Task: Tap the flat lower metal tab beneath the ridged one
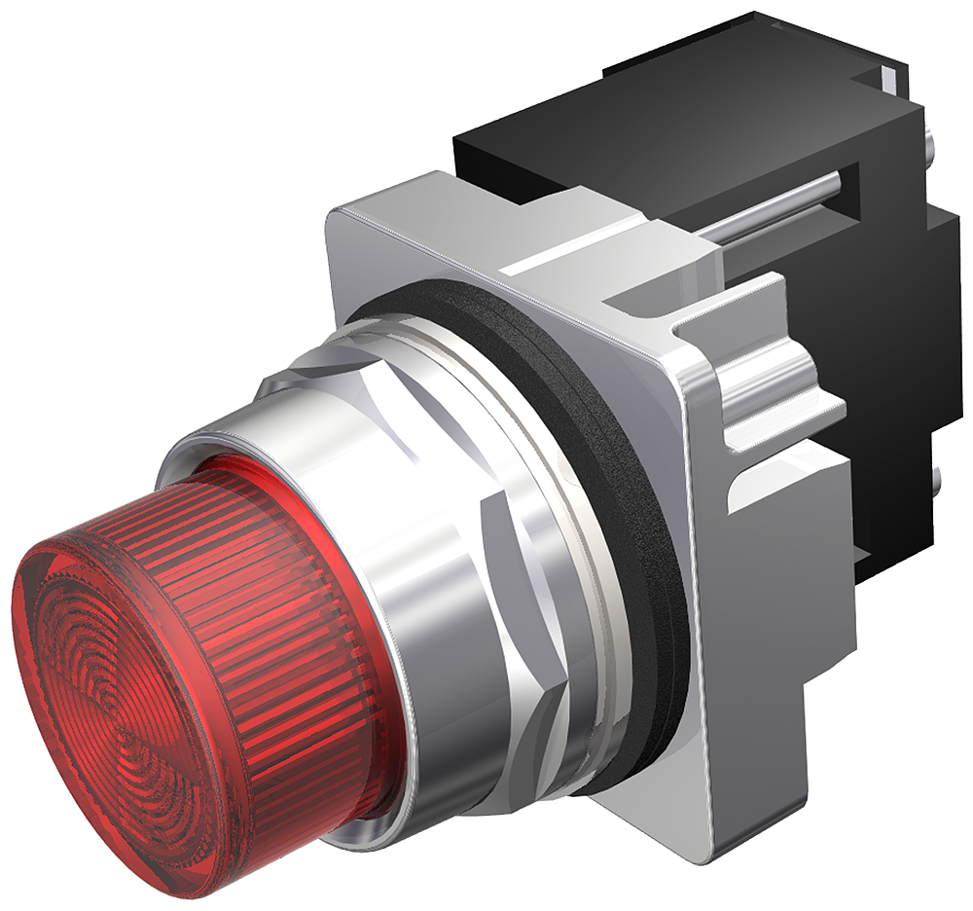click(x=788, y=487)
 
